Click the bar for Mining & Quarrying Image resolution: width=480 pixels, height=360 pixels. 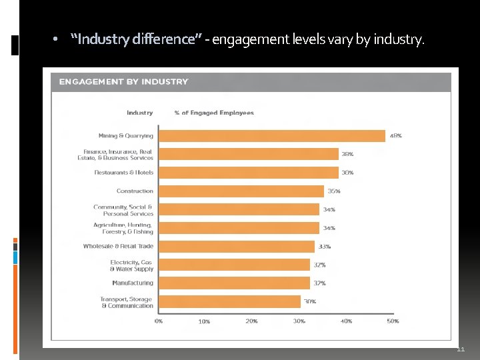click(272, 135)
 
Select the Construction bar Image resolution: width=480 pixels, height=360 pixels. click(241, 191)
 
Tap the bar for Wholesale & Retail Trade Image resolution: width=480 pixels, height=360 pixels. click(237, 247)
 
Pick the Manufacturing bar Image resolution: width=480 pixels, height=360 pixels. click(234, 283)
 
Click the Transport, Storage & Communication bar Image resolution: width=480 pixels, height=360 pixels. click(229, 302)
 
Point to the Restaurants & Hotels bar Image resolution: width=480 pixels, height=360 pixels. click(248, 173)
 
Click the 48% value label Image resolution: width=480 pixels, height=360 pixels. click(395, 135)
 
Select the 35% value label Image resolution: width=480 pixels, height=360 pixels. click(334, 191)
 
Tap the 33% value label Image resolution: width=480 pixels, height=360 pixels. click(324, 247)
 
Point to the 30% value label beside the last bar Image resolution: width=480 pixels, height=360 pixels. click(310, 301)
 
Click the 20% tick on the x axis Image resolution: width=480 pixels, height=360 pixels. click(251, 321)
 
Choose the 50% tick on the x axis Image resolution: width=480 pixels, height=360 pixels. click(393, 321)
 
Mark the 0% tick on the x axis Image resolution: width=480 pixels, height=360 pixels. click(159, 321)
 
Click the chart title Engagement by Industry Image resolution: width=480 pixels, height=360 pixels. click(123, 82)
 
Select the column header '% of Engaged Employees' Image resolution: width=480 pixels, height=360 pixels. click(214, 113)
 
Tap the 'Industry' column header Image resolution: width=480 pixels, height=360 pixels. click(139, 113)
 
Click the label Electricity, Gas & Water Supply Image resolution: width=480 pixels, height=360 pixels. click(131, 265)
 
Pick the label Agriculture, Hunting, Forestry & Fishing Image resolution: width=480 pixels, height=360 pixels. click(123, 228)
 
